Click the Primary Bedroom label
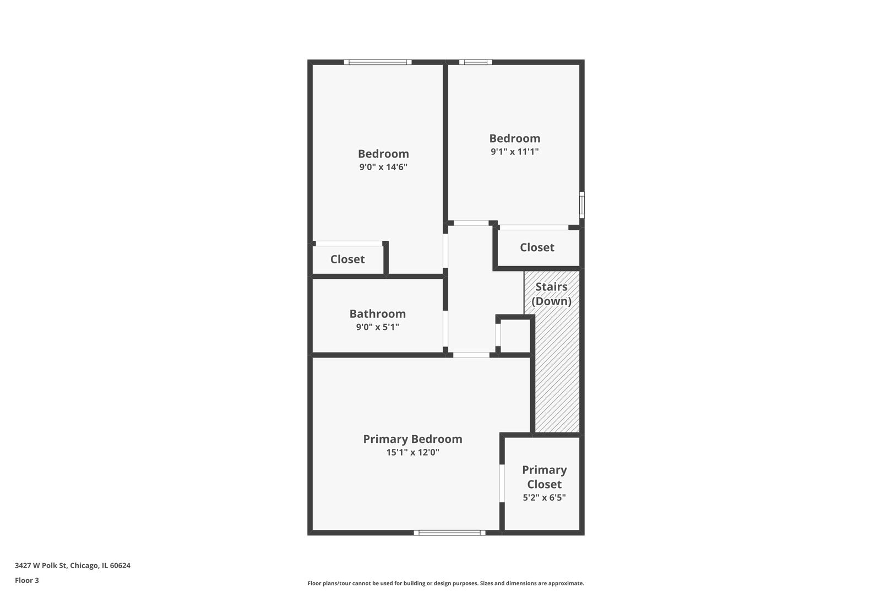tap(412, 439)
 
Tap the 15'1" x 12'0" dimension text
tap(412, 453)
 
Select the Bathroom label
tap(377, 313)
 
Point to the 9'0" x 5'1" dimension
tap(377, 327)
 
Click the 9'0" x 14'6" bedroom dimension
tap(383, 167)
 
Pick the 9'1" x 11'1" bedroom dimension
tap(514, 152)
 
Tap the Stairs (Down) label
tap(551, 294)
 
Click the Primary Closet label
tap(544, 477)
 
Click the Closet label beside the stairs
tap(537, 247)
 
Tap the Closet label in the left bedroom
tap(347, 259)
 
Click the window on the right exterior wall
tap(582, 205)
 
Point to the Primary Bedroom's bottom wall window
tap(449, 533)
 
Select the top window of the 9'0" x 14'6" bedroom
tap(378, 62)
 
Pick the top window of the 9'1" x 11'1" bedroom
tap(476, 62)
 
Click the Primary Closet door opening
tap(502, 484)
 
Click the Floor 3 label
tap(27, 580)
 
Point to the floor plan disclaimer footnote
tap(445, 583)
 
